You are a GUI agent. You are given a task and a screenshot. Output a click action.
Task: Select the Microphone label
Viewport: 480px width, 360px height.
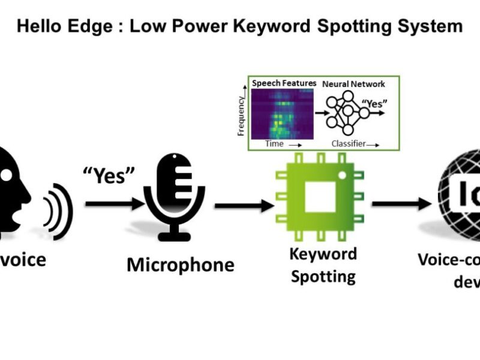tap(180, 265)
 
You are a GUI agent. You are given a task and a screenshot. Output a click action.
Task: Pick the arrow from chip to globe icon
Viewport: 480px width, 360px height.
tap(401, 204)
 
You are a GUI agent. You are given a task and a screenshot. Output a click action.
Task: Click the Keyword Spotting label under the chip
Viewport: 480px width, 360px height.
tap(323, 265)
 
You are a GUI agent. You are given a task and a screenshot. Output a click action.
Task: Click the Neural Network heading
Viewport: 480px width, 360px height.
tap(354, 84)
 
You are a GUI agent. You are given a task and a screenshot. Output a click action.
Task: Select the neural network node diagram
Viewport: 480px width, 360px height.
tap(346, 113)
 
